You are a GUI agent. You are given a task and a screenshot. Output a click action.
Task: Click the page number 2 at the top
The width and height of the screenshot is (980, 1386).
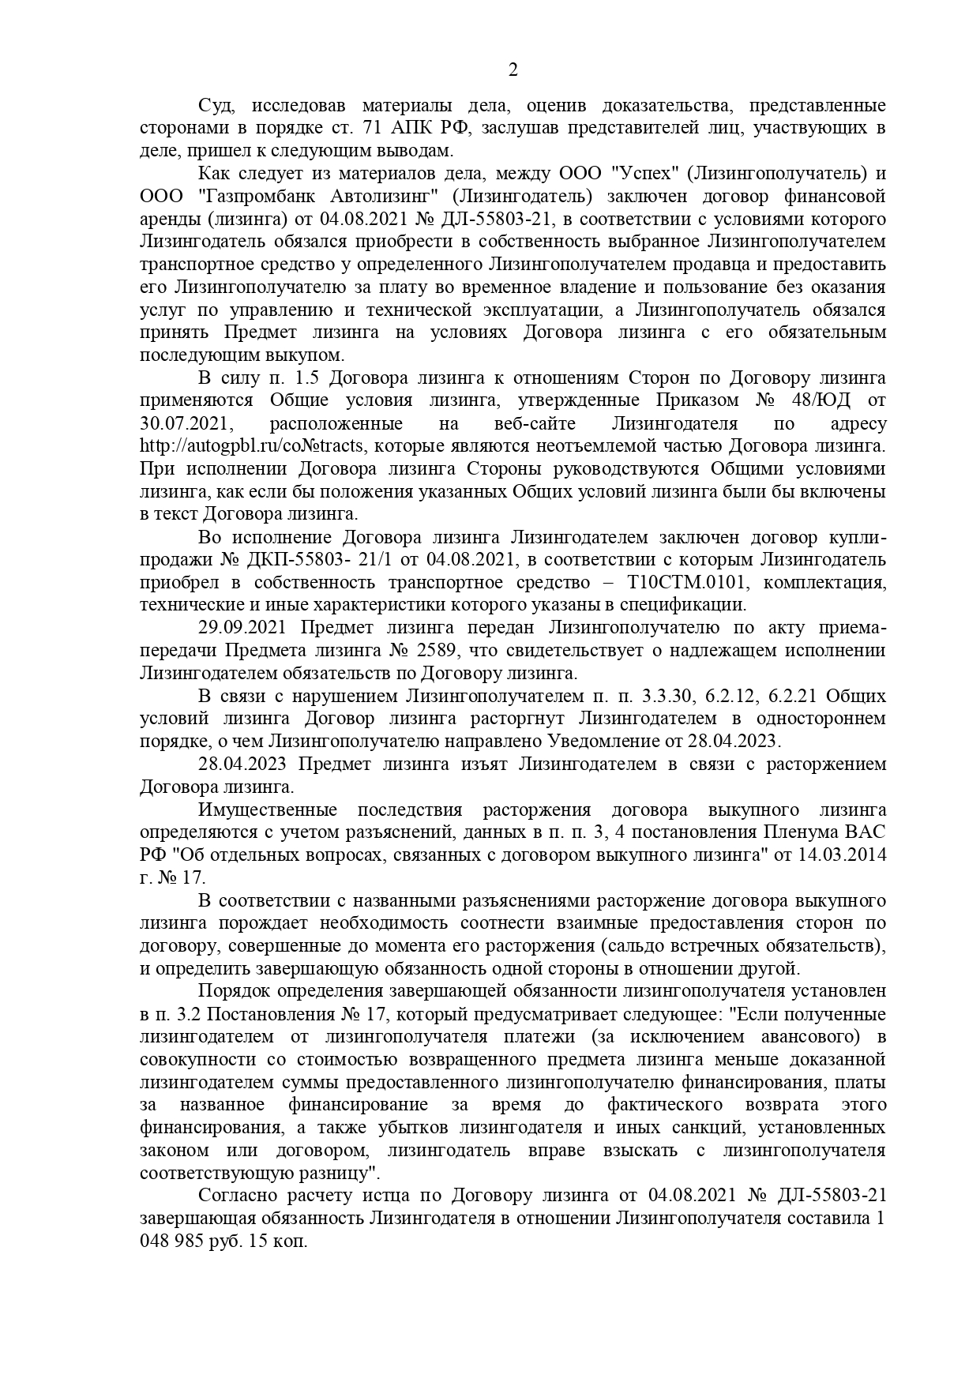click(x=513, y=70)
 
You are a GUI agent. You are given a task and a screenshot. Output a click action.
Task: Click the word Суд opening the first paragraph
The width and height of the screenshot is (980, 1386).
click(x=215, y=106)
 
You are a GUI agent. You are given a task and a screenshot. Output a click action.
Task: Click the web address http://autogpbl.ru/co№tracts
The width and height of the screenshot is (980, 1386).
click(x=252, y=447)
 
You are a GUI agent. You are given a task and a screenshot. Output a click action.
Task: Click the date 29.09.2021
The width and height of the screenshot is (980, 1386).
click(x=244, y=629)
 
